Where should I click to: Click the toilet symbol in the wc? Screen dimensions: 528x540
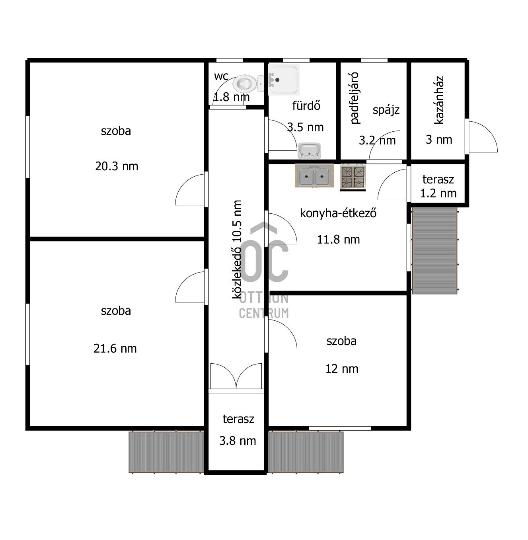[248, 83]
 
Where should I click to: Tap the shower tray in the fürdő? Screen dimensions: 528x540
[284, 80]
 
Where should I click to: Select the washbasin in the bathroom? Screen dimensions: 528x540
[310, 151]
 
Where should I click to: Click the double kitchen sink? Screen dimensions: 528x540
[314, 176]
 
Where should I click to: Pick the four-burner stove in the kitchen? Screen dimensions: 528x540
[353, 177]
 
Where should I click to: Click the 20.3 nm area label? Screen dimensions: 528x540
[117, 166]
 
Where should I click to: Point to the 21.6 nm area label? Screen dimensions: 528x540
[115, 349]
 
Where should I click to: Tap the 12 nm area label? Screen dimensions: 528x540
[341, 369]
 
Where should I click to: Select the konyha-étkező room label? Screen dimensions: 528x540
[338, 213]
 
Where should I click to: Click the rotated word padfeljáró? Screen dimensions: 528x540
[355, 98]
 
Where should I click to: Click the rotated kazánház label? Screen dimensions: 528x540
[439, 99]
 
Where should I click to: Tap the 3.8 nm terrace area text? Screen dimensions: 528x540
[238, 441]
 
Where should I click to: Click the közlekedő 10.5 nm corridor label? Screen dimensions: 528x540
[237, 249]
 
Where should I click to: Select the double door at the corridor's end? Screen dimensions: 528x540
[236, 376]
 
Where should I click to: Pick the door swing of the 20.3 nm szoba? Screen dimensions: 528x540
[190, 190]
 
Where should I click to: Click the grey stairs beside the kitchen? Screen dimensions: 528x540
[434, 251]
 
